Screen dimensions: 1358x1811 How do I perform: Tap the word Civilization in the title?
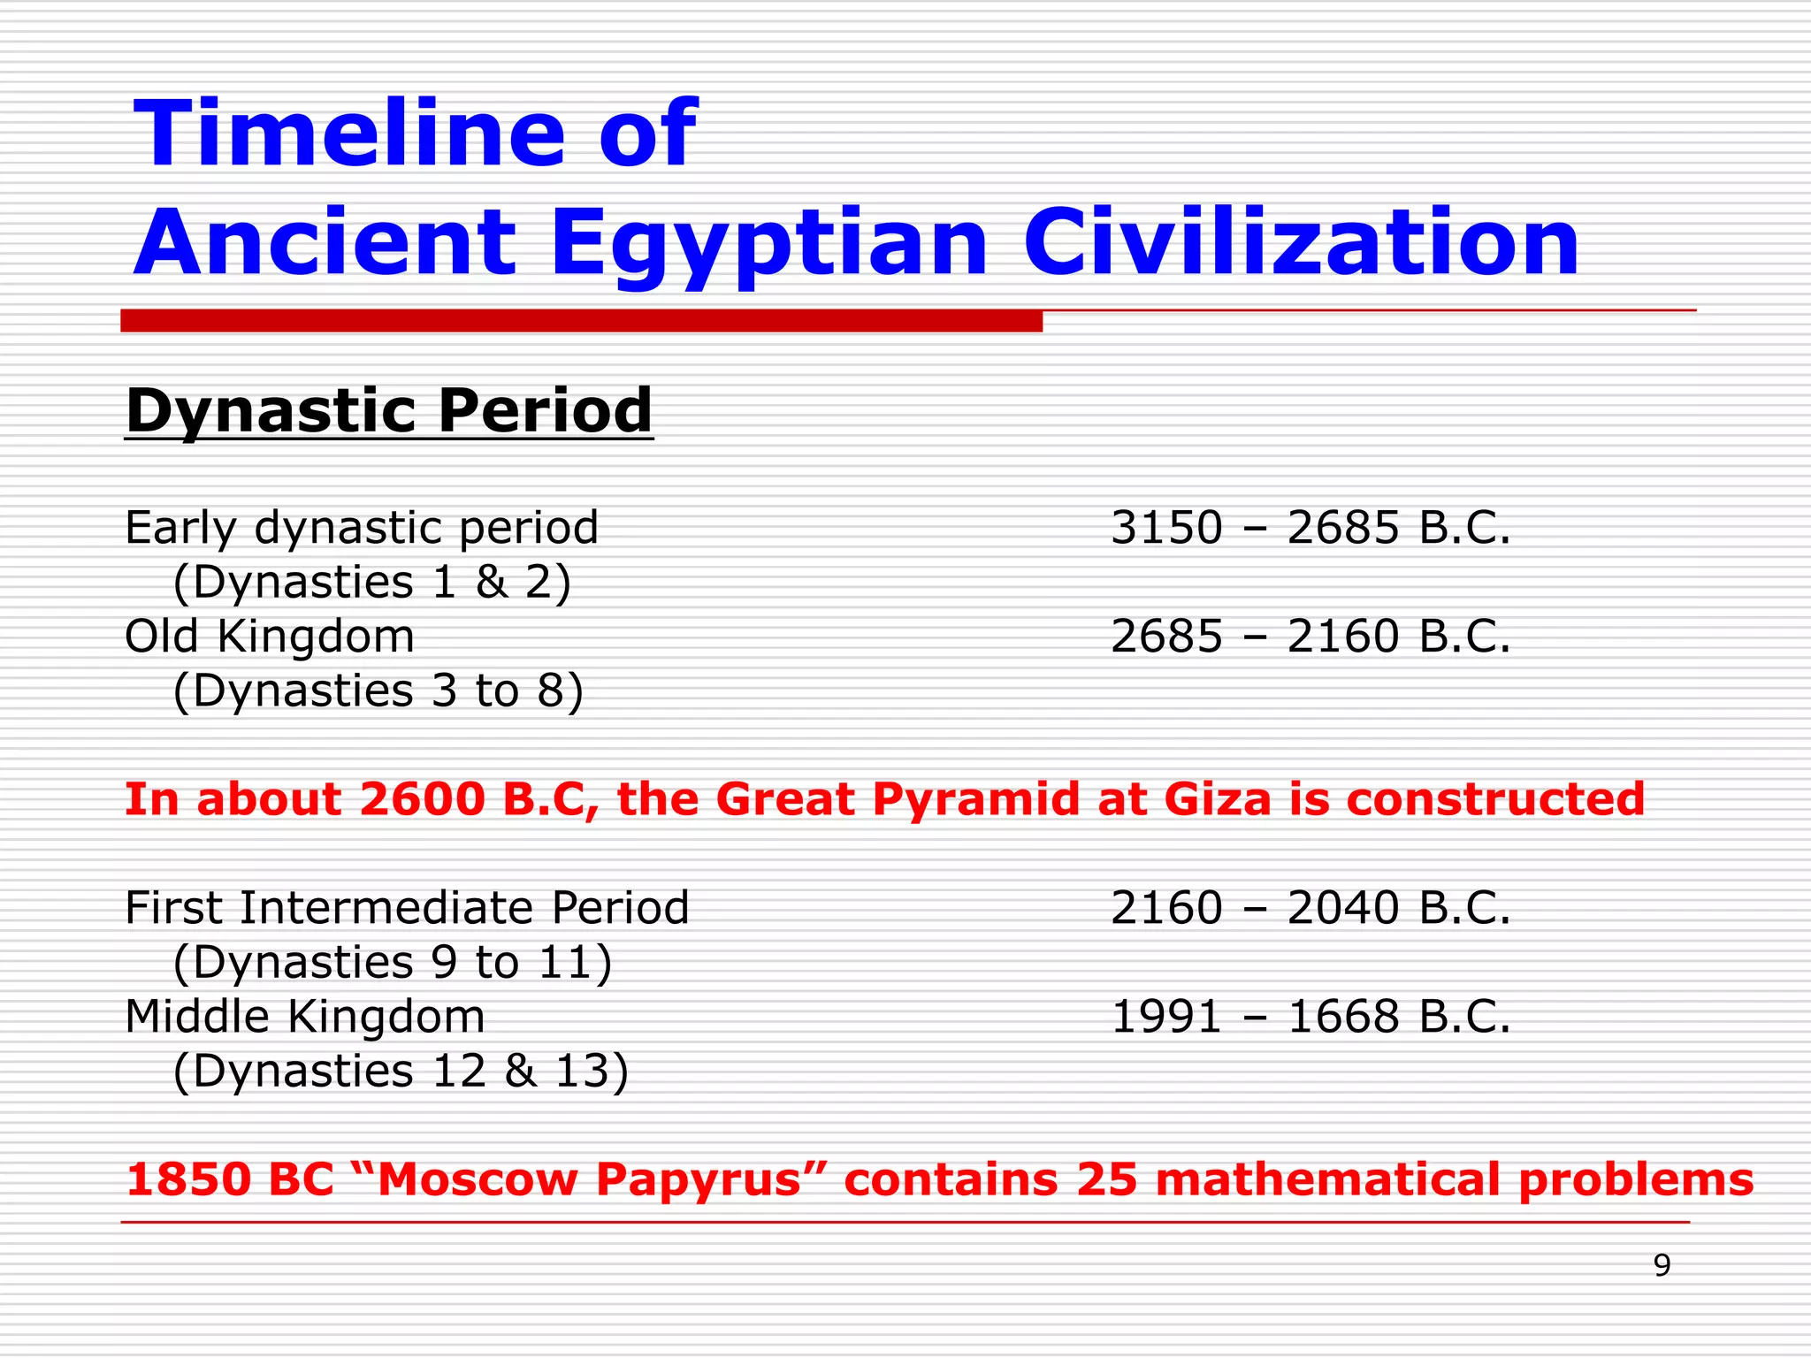1300,243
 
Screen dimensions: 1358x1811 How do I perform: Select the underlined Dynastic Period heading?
389,411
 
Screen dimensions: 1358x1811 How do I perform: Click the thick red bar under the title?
581,321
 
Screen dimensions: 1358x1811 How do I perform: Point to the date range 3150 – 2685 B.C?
1310,529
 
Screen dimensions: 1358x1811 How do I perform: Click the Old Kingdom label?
270,637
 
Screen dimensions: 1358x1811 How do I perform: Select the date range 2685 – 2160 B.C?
1310,637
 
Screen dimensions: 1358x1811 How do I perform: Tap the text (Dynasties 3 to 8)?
378,691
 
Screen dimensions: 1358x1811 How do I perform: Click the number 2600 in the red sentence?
423,799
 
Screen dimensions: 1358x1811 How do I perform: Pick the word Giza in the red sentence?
1217,799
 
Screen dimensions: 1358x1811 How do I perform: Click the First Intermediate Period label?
407,909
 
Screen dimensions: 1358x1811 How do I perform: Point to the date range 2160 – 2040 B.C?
1310,909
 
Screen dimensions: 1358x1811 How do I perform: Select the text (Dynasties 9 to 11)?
393,963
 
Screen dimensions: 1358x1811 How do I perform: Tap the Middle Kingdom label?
305,1018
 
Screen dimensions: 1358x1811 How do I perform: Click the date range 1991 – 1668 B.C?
1310,1018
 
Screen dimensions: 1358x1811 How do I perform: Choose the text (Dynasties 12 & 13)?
401,1072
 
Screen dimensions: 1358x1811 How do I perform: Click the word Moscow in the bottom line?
478,1180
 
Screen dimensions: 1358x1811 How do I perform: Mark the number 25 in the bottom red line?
1106,1180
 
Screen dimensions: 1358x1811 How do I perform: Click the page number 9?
1662,1267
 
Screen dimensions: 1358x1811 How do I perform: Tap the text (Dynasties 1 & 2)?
372,583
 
